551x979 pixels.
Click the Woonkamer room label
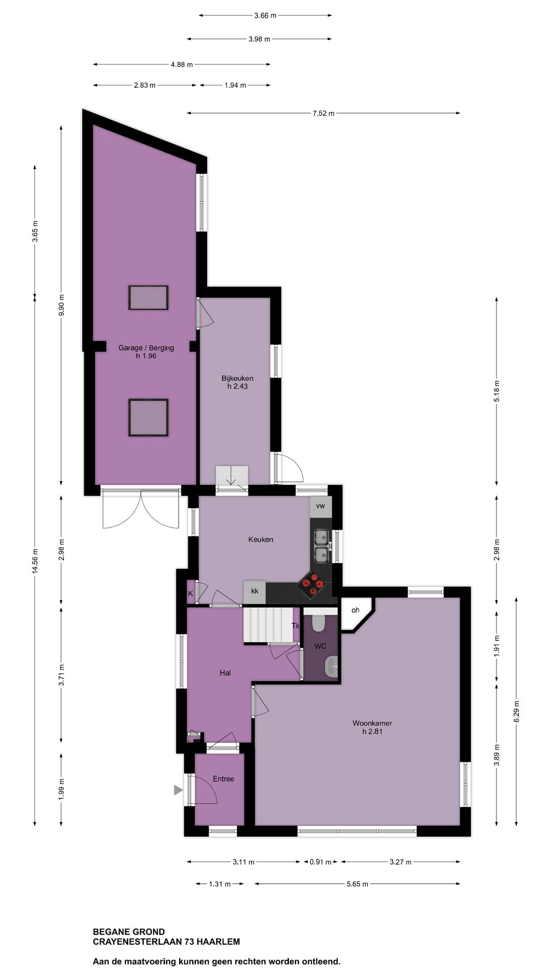[372, 723]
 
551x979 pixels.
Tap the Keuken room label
[261, 539]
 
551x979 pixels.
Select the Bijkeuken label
[237, 378]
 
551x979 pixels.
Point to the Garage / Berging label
[146, 348]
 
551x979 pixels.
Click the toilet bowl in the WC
[319, 622]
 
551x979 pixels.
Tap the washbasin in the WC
[331, 666]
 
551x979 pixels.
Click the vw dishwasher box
[320, 506]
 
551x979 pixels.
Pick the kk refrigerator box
[255, 591]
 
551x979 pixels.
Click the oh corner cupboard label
[355, 610]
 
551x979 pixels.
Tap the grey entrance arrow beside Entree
[178, 790]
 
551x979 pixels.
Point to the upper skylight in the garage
[148, 298]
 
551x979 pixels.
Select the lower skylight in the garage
[148, 418]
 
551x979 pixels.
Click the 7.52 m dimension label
[323, 113]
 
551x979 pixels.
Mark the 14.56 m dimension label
[35, 561]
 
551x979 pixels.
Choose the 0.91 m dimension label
[320, 862]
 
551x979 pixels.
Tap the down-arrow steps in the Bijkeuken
[232, 478]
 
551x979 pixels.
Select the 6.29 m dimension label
[516, 711]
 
